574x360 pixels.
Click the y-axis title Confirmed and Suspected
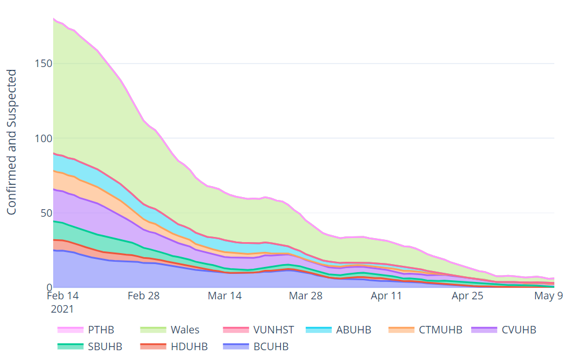[12, 142]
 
